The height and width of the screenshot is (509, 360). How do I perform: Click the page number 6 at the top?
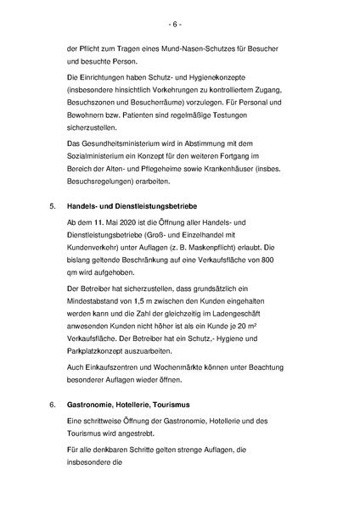click(181, 23)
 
